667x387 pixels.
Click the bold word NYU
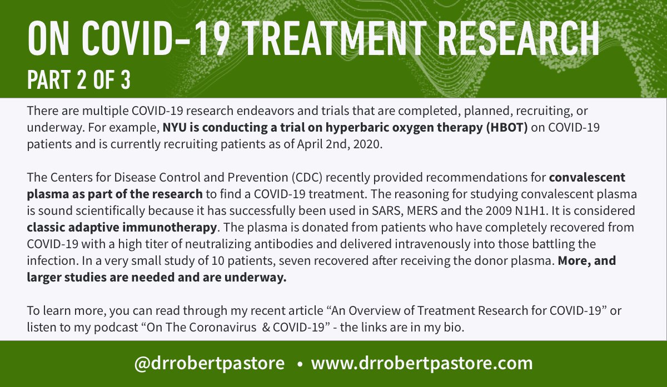point(173,127)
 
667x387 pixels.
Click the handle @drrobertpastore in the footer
point(210,364)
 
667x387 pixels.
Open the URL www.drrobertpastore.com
point(422,364)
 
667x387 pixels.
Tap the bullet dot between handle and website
point(300,365)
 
